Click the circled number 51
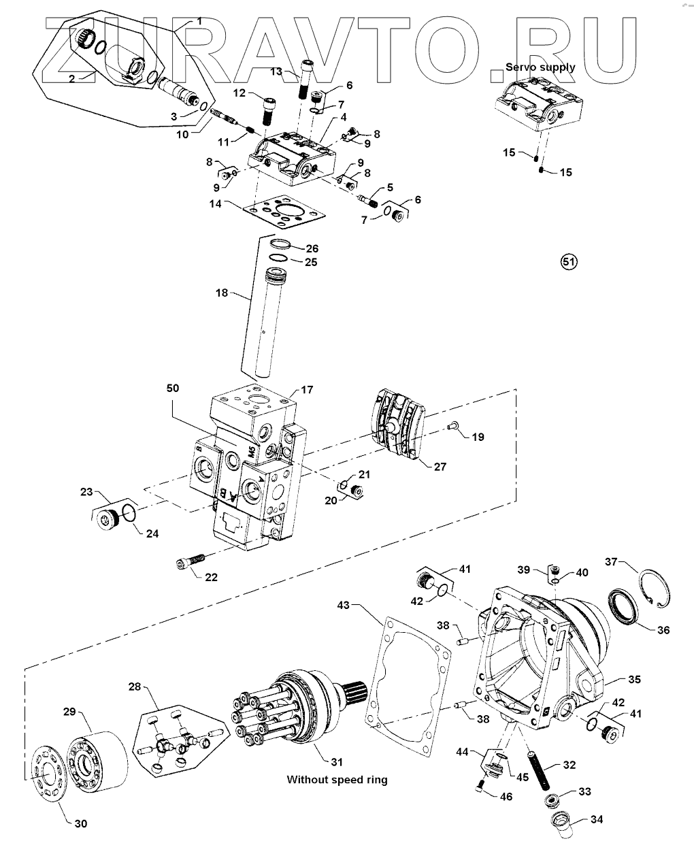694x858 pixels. point(569,262)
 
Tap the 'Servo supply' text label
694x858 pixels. point(540,67)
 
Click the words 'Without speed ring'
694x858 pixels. point(337,780)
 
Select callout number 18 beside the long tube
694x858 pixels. point(222,293)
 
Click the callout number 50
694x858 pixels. point(173,388)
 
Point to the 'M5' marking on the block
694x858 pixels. point(251,452)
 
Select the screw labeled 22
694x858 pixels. point(191,561)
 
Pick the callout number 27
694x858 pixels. point(440,467)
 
